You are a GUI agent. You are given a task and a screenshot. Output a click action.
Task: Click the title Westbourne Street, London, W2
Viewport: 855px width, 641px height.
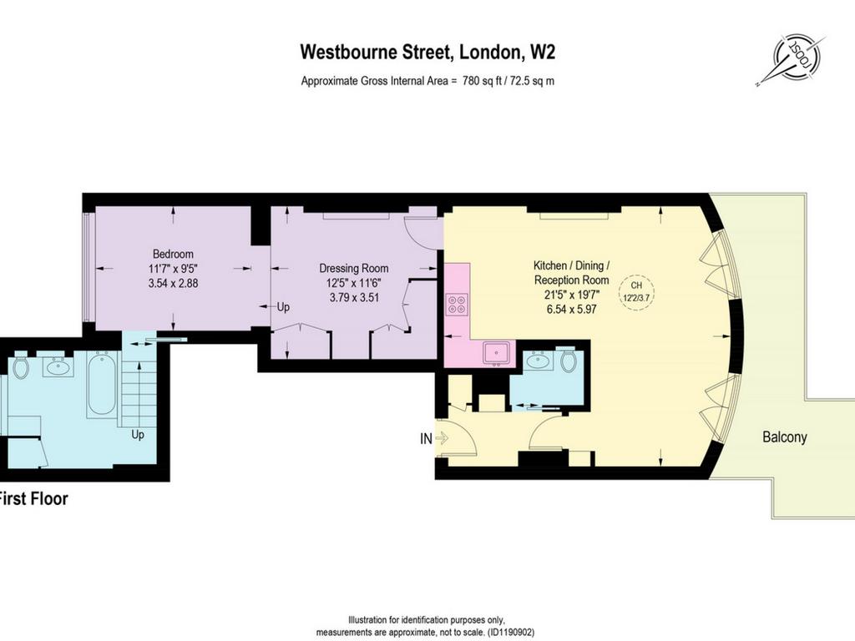click(x=427, y=52)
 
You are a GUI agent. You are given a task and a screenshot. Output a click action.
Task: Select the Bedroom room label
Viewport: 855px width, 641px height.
click(x=173, y=254)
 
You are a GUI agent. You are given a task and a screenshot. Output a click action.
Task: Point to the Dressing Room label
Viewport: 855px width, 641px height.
click(x=354, y=268)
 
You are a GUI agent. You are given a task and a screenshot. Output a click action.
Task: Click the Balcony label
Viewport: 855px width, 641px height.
click(x=784, y=437)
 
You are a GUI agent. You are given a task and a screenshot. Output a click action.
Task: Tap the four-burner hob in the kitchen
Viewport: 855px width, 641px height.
click(x=457, y=305)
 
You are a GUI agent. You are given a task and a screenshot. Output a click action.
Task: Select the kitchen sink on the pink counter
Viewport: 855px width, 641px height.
click(x=497, y=353)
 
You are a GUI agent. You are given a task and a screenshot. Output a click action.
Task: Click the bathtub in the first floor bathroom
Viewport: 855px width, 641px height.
click(x=101, y=383)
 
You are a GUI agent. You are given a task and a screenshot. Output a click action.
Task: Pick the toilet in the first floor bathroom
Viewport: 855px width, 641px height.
click(x=21, y=367)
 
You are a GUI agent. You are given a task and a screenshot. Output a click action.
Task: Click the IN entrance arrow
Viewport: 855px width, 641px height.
click(x=441, y=437)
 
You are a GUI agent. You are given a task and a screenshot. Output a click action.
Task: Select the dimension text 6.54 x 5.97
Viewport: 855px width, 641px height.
click(x=571, y=309)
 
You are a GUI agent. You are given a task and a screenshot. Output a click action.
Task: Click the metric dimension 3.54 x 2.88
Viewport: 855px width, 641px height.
click(x=173, y=284)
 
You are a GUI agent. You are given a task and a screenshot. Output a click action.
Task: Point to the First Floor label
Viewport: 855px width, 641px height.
click(x=33, y=499)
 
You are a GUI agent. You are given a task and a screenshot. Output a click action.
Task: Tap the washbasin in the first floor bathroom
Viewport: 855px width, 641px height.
click(x=58, y=367)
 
